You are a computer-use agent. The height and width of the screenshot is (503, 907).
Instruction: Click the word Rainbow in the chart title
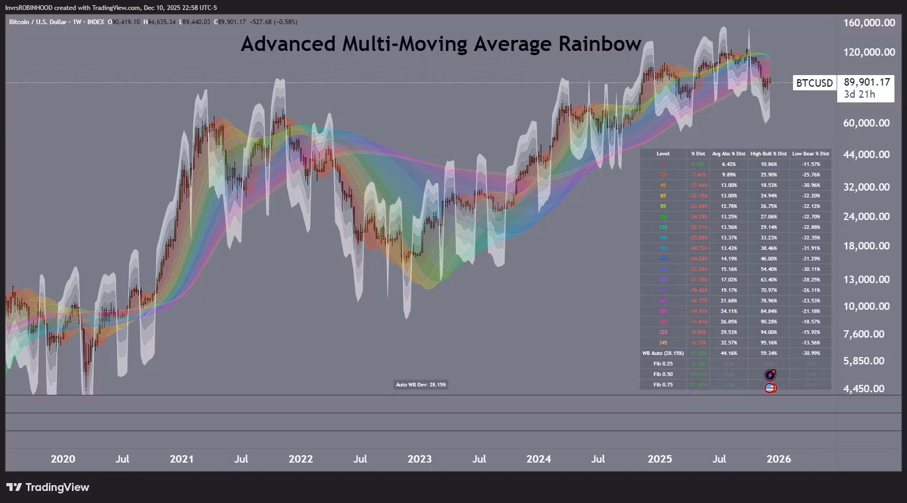tap(600, 44)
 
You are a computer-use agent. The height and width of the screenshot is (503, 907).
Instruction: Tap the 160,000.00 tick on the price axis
tap(869, 23)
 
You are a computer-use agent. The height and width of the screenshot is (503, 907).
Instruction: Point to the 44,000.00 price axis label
tap(867, 154)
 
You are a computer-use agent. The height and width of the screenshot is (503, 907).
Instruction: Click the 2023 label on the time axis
tap(419, 459)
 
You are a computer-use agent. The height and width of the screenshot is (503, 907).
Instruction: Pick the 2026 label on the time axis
tap(778, 459)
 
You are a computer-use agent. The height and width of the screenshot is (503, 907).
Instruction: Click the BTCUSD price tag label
tap(814, 83)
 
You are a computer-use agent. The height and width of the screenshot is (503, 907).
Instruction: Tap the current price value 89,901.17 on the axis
tap(867, 82)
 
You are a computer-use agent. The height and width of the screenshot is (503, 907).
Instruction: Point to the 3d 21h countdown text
tap(859, 95)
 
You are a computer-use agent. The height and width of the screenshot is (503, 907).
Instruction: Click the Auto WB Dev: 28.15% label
tap(421, 385)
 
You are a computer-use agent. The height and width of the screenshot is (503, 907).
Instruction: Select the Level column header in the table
tap(663, 154)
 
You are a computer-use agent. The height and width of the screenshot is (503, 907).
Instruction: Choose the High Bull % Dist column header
tap(768, 154)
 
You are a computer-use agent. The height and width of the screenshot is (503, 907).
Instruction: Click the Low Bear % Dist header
tap(810, 154)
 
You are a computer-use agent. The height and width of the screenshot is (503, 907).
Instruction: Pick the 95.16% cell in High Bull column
tap(768, 343)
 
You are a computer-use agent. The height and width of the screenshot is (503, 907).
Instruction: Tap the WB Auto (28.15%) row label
tap(663, 353)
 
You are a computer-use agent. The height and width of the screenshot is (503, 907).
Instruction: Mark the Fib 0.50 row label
tap(663, 374)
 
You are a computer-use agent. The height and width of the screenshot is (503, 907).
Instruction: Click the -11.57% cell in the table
tap(810, 164)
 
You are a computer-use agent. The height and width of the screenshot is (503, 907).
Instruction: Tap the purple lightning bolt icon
tap(770, 375)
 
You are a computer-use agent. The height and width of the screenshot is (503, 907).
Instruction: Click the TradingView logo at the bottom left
tap(48, 487)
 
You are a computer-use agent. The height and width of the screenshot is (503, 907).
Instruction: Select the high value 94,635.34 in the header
tap(161, 22)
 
